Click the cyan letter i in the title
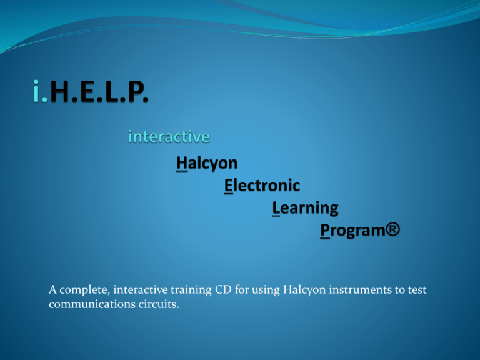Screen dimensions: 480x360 36,91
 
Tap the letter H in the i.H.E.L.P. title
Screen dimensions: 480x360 61,91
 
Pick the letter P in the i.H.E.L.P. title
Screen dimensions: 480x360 135,91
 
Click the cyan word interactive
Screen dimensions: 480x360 169,136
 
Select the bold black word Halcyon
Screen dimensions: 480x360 207,163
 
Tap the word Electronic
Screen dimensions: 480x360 262,186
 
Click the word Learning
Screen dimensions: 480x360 305,209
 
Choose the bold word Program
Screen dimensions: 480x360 352,231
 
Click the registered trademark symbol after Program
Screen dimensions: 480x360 392,229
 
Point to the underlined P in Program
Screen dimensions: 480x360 325,230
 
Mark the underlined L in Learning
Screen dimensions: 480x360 276,209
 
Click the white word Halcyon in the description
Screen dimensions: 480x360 304,290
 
